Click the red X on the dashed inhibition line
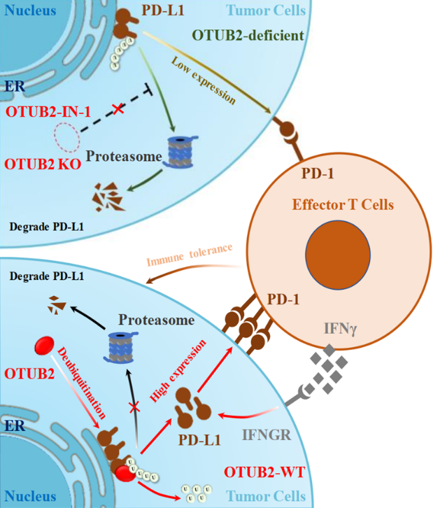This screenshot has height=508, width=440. (x=120, y=110)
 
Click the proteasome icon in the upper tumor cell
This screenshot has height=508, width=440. (x=183, y=151)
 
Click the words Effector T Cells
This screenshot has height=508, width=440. (x=343, y=205)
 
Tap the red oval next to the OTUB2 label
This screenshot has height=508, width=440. (x=47, y=346)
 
